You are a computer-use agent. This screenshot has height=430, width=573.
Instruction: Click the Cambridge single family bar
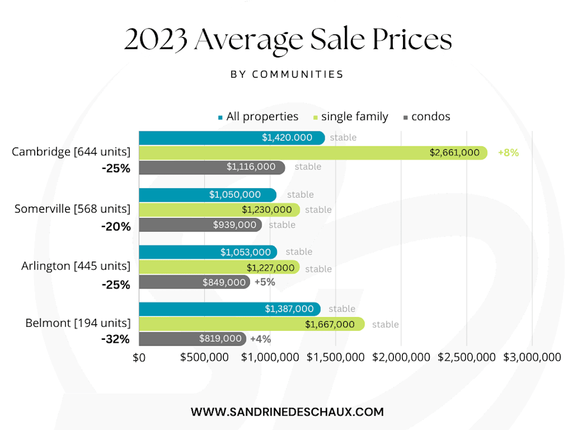tap(313, 152)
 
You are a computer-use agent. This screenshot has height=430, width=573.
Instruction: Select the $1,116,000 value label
tap(251, 167)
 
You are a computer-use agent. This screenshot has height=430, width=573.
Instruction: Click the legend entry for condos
tap(427, 117)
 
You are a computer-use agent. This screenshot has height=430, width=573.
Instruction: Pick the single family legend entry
tap(350, 117)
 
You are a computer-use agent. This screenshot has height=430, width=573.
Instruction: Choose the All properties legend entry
tap(258, 117)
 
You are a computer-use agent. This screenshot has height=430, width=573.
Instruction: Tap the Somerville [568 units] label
tap(72, 209)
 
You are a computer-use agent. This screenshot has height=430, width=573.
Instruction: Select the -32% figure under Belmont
tap(115, 339)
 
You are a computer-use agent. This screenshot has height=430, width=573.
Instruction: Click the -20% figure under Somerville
tap(115, 226)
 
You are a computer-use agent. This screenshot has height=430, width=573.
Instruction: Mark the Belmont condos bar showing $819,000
tap(192, 339)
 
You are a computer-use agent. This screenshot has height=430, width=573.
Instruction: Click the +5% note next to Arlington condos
tap(264, 282)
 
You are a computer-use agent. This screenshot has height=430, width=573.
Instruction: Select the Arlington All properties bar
tap(208, 252)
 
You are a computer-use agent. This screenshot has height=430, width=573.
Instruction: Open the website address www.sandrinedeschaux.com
tap(287, 411)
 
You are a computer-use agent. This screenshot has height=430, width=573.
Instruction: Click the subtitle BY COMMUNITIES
tap(287, 75)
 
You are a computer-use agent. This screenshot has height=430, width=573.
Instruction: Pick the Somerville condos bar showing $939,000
tap(200, 225)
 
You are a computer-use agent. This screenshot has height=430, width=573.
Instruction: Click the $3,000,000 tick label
tap(531, 357)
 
